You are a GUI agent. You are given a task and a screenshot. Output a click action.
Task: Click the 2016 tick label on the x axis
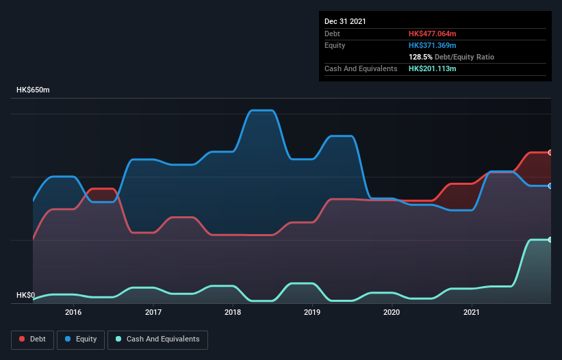coord(73,312)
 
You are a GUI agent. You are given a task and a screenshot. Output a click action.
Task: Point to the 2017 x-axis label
coord(153,312)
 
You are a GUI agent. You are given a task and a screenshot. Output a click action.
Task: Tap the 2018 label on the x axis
coord(233,312)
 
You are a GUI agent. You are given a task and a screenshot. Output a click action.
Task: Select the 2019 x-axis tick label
coord(312,312)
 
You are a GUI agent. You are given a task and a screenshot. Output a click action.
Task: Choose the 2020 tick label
coord(392,312)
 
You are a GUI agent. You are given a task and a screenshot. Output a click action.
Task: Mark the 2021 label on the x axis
coord(471,312)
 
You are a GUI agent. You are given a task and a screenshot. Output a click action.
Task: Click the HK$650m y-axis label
coord(33,90)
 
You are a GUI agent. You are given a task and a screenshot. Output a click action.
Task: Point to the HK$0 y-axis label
coord(26,296)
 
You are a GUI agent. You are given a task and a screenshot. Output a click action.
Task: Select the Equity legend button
coord(80,339)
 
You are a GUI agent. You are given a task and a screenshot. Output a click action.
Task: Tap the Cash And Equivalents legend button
coord(157,339)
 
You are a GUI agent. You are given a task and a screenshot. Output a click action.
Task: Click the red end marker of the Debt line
coord(550,153)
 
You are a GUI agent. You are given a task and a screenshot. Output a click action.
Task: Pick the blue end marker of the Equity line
coord(550,185)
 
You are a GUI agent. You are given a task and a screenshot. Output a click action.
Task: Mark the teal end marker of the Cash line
coord(550,240)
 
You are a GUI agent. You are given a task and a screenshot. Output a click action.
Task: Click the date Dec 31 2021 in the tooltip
coord(345,21)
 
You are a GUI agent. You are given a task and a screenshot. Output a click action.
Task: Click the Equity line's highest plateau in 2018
coord(263,110)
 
